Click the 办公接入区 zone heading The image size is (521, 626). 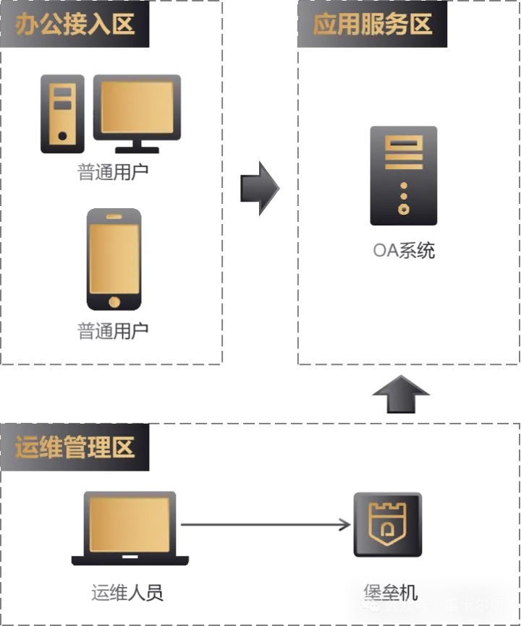(x=75, y=25)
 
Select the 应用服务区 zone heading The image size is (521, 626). (x=372, y=25)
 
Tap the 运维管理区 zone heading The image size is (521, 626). (x=75, y=447)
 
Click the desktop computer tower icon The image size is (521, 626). (x=62, y=114)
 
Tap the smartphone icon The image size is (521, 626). (x=114, y=259)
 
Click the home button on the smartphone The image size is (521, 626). (x=114, y=301)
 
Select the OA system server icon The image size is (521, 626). (x=403, y=176)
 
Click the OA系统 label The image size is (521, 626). (x=404, y=251)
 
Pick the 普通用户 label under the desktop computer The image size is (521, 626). (x=113, y=173)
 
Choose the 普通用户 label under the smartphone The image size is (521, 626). (x=113, y=331)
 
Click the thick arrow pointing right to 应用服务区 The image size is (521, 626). (x=260, y=188)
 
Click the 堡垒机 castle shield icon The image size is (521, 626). (x=387, y=524)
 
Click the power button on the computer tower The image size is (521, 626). (x=63, y=136)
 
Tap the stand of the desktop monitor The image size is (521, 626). (x=137, y=147)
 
